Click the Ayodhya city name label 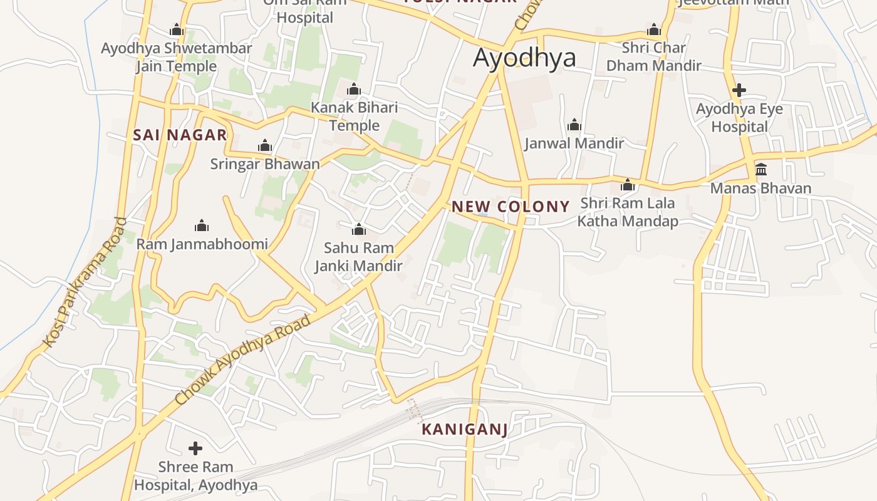(524, 58)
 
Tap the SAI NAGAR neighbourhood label (180, 135)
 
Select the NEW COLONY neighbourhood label (511, 206)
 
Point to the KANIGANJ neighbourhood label (464, 429)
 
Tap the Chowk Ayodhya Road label (242, 359)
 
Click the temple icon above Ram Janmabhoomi (202, 225)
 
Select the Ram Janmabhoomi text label (202, 244)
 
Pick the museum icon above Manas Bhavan (761, 169)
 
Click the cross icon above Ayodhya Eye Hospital (739, 90)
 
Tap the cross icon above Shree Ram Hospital (195, 448)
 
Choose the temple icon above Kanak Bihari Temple (354, 90)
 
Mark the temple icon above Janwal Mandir (574, 125)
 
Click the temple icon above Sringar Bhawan (265, 147)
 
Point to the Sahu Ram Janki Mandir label (358, 257)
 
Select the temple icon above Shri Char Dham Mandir (654, 30)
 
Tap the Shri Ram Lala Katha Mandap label (627, 212)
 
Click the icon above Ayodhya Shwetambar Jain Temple (177, 30)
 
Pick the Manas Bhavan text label (760, 188)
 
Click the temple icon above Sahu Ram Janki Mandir (358, 229)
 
